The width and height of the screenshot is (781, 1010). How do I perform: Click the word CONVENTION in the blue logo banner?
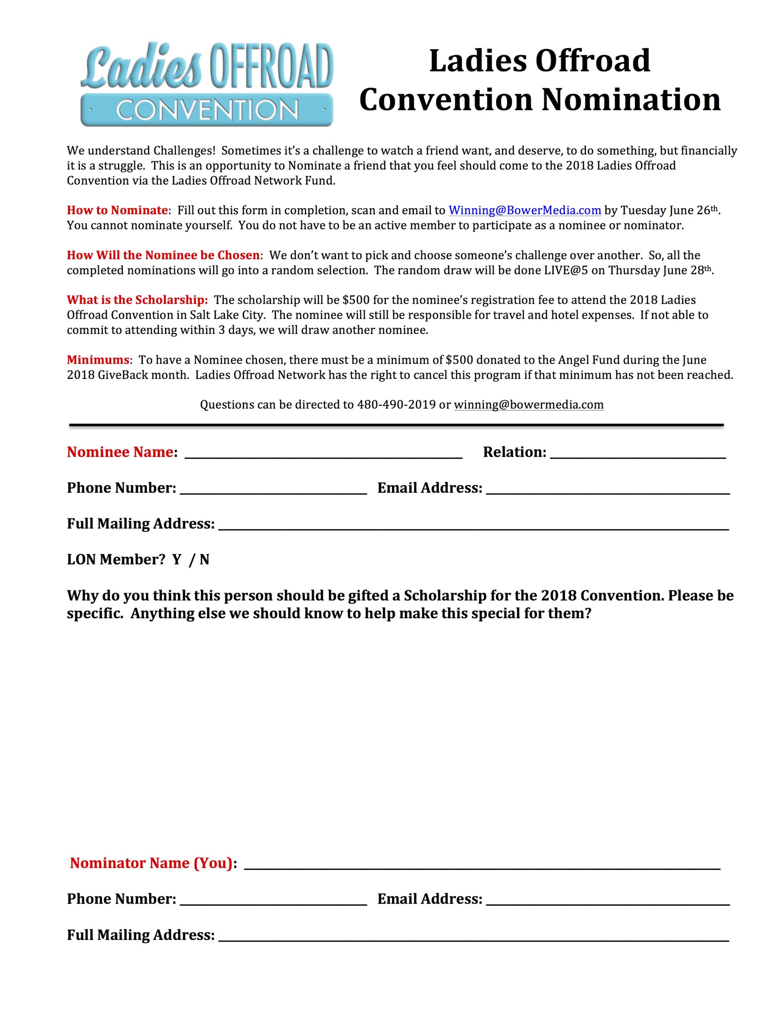tap(207, 111)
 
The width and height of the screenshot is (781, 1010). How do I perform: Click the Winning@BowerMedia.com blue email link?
tap(525, 210)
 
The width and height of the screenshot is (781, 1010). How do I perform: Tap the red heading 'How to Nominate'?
tap(117, 210)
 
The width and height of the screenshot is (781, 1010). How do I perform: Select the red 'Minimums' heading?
tap(98, 360)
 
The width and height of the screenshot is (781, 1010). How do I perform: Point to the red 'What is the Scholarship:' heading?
tap(137, 300)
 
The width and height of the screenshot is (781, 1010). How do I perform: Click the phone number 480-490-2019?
tap(396, 405)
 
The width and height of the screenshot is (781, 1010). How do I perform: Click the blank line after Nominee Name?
tap(323, 453)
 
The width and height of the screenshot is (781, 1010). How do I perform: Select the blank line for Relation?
tap(638, 453)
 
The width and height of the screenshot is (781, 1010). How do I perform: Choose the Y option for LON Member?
tap(176, 560)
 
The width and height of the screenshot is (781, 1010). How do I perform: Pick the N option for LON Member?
tap(204, 560)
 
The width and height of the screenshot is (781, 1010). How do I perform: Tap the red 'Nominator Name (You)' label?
tap(151, 863)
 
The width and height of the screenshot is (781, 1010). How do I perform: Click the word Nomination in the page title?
tap(631, 99)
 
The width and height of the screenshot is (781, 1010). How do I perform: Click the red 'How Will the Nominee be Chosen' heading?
tap(163, 255)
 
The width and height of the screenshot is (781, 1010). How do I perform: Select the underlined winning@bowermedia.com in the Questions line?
tap(529, 405)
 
